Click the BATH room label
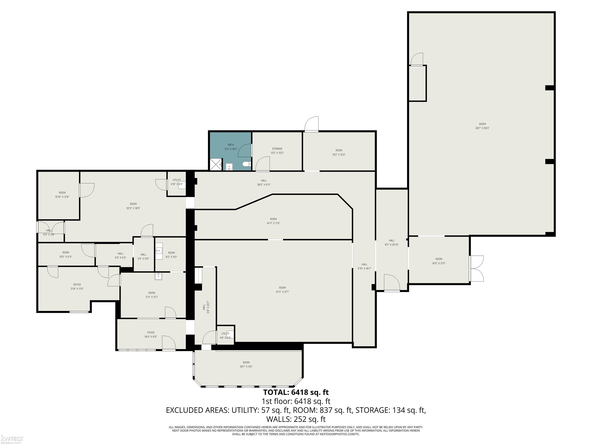coord(231,145)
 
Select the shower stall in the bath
coord(216,164)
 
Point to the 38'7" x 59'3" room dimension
coord(482,128)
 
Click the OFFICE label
coord(77,284)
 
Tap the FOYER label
coord(151,333)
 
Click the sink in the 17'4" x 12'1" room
coord(158,276)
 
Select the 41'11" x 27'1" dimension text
coord(282,292)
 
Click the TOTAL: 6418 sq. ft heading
coord(296,392)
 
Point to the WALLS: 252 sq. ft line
coord(296,419)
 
